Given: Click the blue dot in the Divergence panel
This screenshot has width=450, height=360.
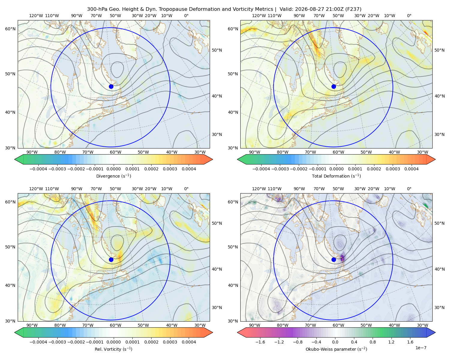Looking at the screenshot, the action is point(111,87).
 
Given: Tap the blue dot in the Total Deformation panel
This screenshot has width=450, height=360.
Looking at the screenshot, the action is point(334,87).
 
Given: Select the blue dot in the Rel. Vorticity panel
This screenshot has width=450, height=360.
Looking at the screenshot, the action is point(111,259).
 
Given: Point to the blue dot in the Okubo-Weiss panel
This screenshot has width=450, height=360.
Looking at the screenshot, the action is point(334,259).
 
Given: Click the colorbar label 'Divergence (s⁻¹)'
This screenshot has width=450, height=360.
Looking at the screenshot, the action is point(113,176).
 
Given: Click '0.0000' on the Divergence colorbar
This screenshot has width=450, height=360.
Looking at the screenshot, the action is point(113,169).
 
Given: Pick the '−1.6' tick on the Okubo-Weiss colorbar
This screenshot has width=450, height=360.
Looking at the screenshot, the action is point(260,342).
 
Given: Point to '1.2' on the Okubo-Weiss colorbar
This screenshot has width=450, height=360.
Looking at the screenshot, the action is point(391,342).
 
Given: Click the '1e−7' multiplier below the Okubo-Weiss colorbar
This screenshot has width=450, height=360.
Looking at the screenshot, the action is point(421,348).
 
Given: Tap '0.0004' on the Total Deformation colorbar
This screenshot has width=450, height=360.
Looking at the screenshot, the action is point(411,169).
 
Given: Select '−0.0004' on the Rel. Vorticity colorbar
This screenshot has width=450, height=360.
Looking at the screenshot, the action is point(38,342).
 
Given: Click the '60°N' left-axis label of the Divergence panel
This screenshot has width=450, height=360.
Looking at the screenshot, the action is point(10,29).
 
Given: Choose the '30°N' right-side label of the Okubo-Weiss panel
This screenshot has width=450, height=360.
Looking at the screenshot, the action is point(439,307).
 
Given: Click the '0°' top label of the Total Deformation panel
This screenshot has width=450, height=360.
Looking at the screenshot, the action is point(409,16).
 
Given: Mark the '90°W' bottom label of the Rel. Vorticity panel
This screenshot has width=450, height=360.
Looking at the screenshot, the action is point(32,325).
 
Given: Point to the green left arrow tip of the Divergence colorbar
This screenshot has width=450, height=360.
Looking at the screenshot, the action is point(15,159).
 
